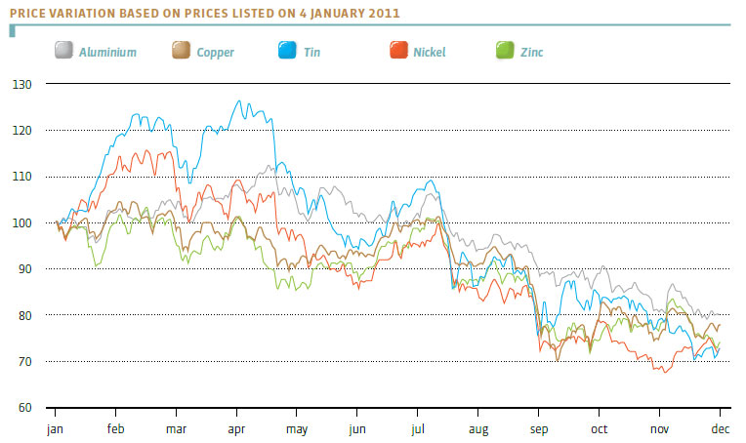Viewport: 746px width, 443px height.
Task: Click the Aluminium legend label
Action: point(108,52)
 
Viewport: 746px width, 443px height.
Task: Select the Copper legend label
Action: point(215,52)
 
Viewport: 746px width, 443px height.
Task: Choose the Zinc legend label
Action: point(531,52)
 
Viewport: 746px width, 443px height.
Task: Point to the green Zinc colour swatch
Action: point(506,51)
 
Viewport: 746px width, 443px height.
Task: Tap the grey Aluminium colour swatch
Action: point(64,51)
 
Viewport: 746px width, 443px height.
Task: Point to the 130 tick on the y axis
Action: point(23,85)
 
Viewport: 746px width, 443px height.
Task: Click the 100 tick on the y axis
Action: point(23,223)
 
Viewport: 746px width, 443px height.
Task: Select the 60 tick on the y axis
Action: point(25,408)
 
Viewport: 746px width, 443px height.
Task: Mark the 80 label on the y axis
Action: point(25,316)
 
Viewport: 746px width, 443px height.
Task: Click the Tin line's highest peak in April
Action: point(239,101)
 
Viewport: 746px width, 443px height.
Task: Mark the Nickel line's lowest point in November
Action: point(665,372)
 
